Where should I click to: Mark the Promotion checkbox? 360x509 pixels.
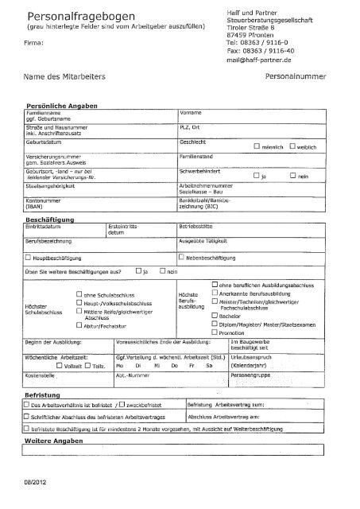coord(215,333)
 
